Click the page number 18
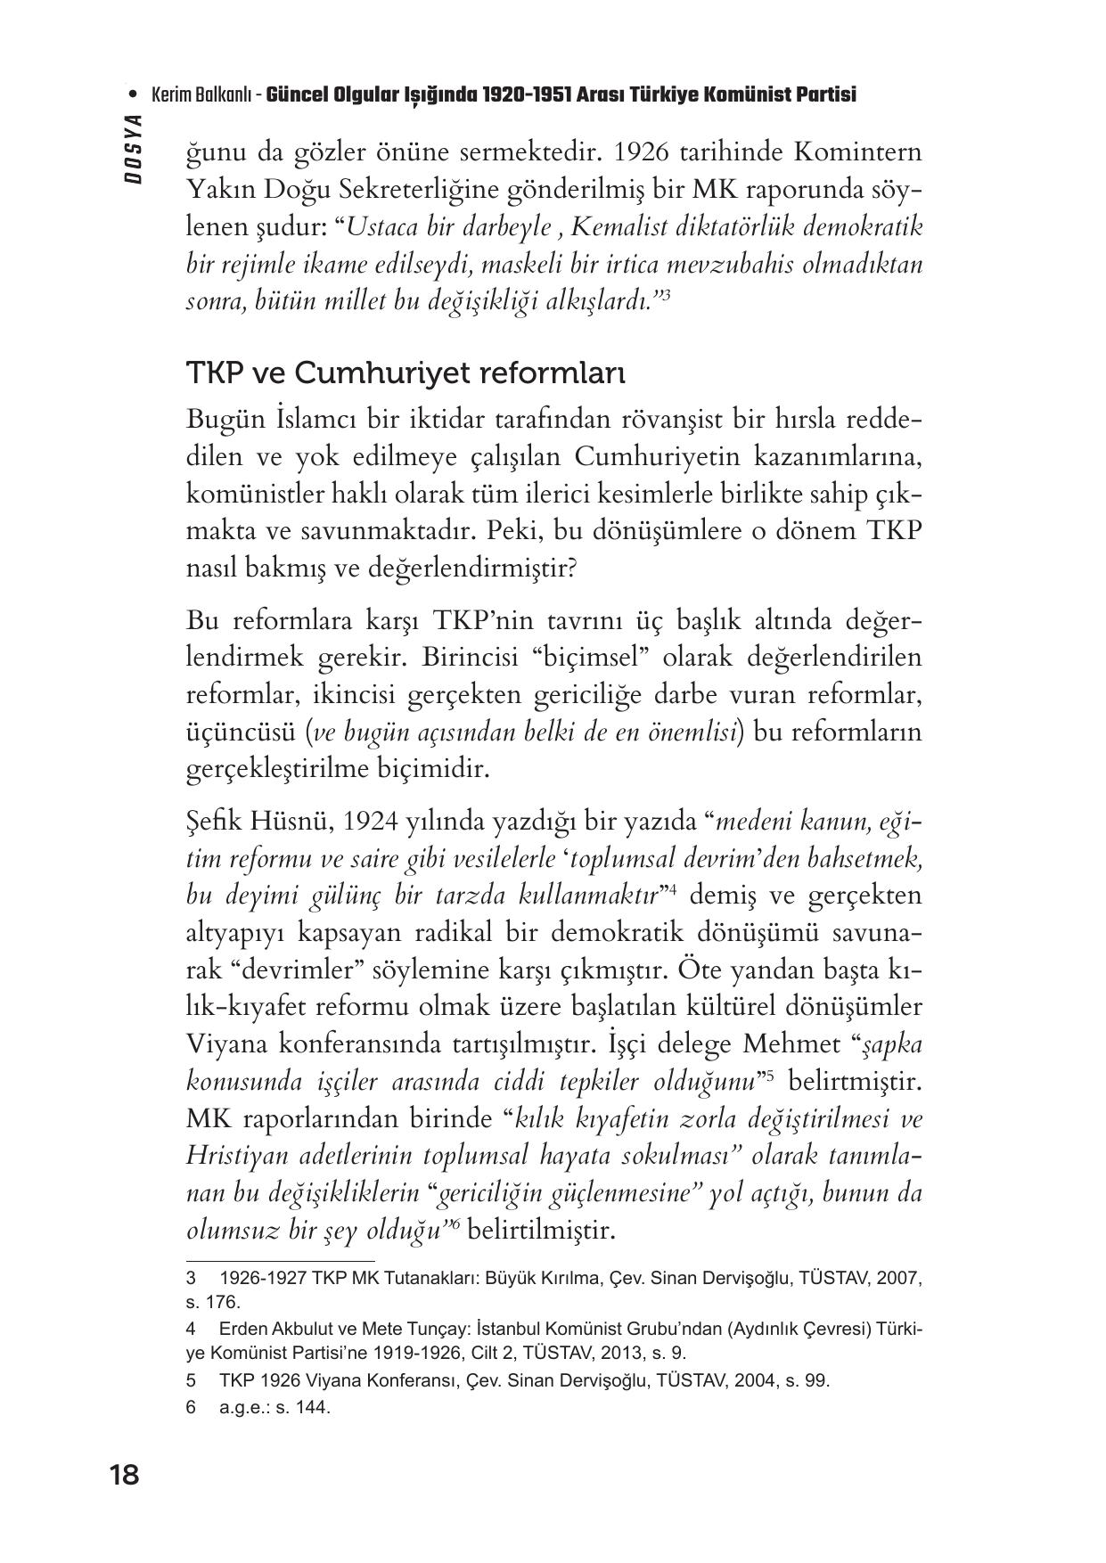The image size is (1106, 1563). (124, 1476)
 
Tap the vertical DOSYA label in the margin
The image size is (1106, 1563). (134, 149)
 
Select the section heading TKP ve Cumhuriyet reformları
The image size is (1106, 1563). (406, 372)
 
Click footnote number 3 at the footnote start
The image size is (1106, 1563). (191, 1278)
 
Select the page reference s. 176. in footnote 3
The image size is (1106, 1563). (213, 1302)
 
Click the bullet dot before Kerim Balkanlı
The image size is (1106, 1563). (134, 94)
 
